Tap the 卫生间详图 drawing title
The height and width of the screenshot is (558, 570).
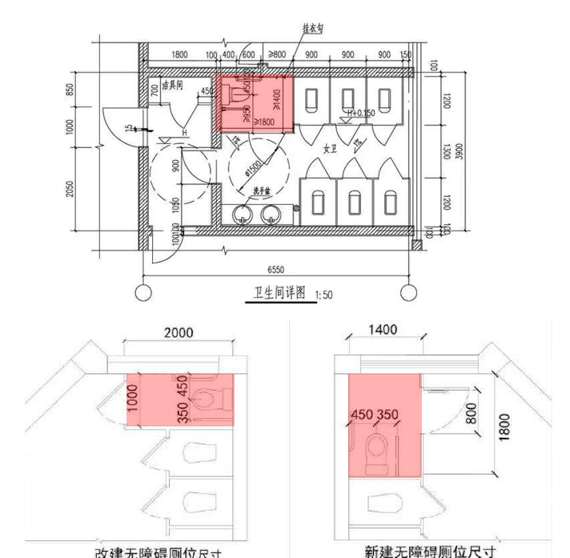[x=275, y=294]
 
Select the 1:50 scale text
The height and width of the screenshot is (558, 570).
[x=324, y=295]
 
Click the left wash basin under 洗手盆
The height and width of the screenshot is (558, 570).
[x=244, y=214]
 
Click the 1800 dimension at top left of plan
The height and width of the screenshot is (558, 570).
[x=179, y=54]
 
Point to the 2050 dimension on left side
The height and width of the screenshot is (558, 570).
[x=70, y=189]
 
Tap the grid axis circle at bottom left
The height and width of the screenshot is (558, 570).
[x=143, y=293]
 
